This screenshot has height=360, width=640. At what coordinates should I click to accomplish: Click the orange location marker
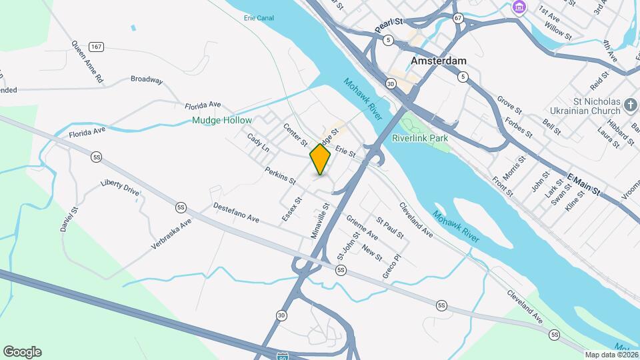[x=320, y=160]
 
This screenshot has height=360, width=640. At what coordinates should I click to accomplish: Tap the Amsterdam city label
[x=438, y=60]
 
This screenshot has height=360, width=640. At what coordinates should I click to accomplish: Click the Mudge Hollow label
[x=221, y=121]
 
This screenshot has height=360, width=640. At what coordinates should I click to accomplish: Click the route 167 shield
[x=96, y=47]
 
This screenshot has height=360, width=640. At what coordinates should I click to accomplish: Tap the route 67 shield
[x=457, y=18]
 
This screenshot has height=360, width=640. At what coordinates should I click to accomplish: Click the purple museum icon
[x=519, y=7]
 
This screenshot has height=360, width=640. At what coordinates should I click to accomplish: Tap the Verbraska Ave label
[x=171, y=233]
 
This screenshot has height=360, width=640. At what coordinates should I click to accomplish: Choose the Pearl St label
[x=390, y=25]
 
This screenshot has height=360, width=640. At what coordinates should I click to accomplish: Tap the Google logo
[x=22, y=352]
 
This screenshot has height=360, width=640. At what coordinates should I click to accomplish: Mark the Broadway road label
[x=147, y=80]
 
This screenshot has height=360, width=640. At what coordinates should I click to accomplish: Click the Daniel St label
[x=69, y=218]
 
